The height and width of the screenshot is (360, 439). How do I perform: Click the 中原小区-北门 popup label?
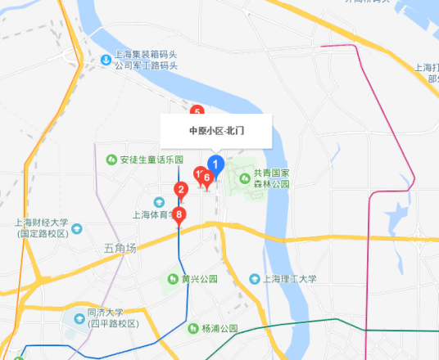217,130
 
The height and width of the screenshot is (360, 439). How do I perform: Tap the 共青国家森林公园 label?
271,178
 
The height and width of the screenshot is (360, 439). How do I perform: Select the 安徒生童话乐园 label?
152,159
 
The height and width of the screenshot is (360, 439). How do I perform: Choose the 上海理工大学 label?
289,279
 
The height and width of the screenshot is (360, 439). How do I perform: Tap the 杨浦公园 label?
219,328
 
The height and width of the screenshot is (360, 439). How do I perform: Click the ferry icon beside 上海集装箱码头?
105,60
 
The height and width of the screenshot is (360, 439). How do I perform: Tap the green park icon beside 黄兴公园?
174,279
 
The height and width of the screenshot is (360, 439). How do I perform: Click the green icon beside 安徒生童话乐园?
111,159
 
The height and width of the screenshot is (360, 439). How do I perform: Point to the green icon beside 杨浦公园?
193,328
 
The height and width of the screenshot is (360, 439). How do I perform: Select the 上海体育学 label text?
152,215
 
